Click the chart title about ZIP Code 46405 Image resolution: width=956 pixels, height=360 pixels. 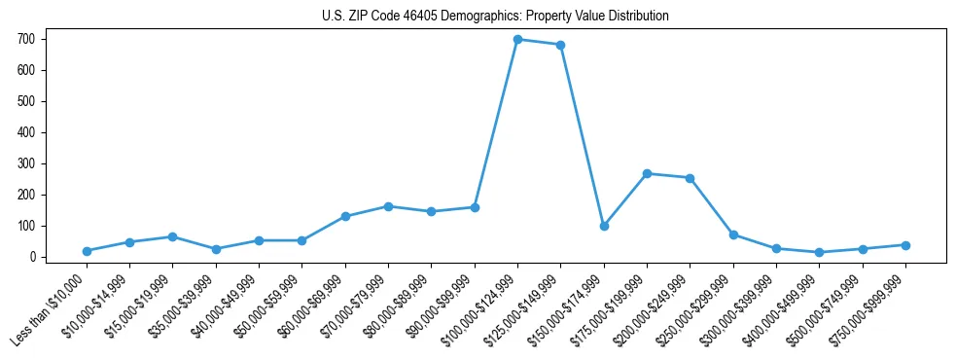click(x=495, y=17)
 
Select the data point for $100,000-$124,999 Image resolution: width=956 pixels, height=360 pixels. click(x=517, y=40)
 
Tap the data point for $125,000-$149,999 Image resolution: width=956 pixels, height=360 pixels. click(x=561, y=45)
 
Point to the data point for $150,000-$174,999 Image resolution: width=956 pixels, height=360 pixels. click(x=604, y=226)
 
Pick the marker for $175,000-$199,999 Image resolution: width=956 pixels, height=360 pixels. click(x=647, y=173)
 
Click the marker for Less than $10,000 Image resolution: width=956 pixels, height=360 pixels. click(x=87, y=251)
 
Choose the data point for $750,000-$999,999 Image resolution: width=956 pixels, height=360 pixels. click(x=905, y=245)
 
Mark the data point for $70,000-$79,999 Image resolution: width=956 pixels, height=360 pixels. click(x=388, y=206)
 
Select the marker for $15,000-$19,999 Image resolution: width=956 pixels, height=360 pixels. click(x=172, y=236)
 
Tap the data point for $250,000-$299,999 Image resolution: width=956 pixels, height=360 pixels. click(x=733, y=234)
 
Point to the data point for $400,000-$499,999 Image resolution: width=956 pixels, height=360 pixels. click(x=820, y=252)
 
